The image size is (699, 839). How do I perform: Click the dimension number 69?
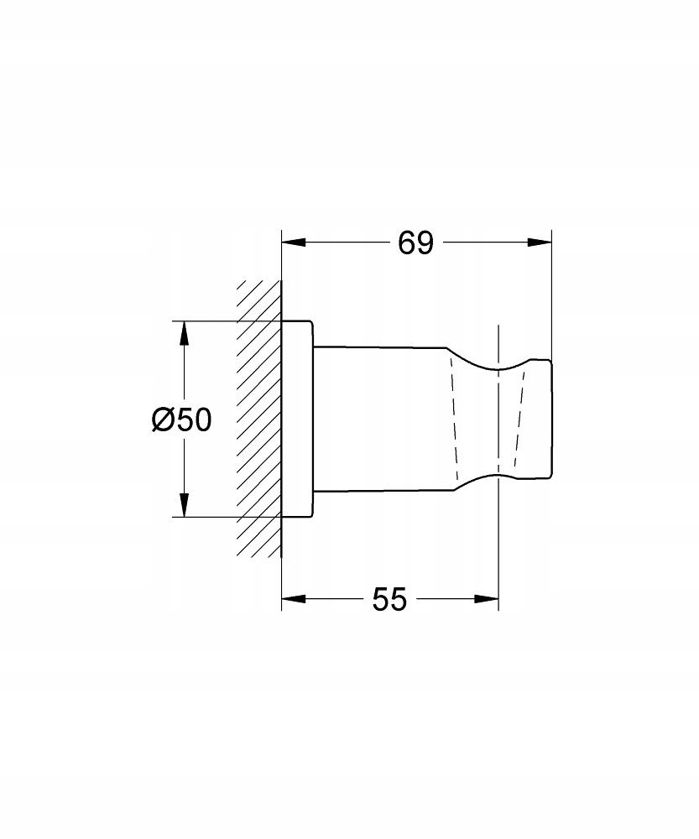[x=415, y=243]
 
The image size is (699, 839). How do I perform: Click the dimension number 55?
[x=389, y=599]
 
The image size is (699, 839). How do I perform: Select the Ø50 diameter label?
[x=181, y=419]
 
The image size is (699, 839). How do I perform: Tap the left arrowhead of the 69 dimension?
[x=294, y=242]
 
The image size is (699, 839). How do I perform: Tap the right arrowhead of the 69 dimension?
[x=540, y=242]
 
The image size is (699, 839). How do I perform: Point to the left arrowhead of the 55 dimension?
[x=294, y=599]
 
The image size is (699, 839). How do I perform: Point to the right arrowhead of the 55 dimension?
[x=487, y=599]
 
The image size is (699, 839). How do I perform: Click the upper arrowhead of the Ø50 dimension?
[x=184, y=333]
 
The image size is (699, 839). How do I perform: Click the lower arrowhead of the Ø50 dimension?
[x=184, y=505]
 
